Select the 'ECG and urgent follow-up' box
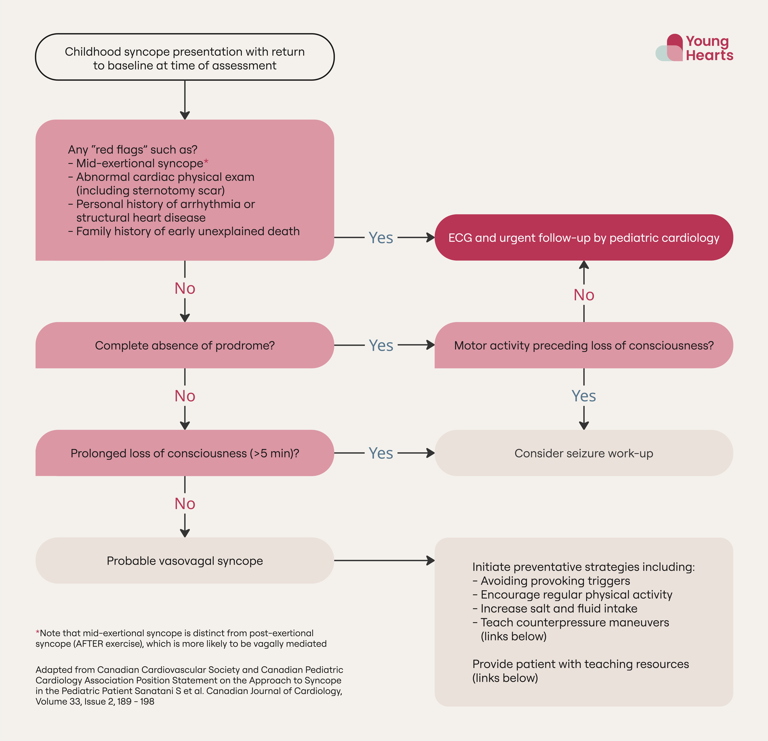pyautogui.click(x=583, y=238)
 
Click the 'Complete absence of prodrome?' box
pyautogui.click(x=185, y=345)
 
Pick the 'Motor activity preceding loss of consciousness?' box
pyautogui.click(x=583, y=345)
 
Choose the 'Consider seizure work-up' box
pyautogui.click(x=583, y=453)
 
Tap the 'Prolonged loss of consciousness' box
pyautogui.click(x=185, y=453)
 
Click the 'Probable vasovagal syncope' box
pyautogui.click(x=185, y=561)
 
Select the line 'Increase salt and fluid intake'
pyautogui.click(x=559, y=608)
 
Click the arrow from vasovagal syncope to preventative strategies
pyautogui.click(x=384, y=561)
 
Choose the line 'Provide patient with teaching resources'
pyautogui.click(x=580, y=664)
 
